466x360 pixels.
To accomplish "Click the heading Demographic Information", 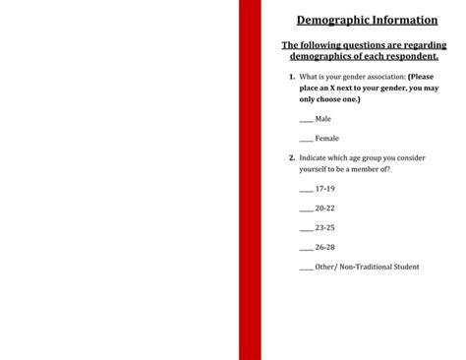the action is [367, 20].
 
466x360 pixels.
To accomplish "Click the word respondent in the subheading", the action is [406, 56].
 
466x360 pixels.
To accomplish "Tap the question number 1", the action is [292, 77].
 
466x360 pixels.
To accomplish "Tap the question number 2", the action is [292, 157].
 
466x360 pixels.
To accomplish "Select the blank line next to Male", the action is [306, 120].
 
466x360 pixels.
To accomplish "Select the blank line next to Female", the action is [306, 140].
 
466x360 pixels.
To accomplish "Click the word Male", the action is [323, 119].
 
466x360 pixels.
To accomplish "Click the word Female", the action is [327, 139].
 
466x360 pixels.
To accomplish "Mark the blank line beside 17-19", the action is [306, 189].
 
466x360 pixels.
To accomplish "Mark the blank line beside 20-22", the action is [306, 209].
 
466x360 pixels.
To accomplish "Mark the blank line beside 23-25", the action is [306, 228].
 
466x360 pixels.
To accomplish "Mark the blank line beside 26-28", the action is [306, 248].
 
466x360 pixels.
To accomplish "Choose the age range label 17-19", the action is [325, 188].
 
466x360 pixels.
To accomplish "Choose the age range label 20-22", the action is [325, 208].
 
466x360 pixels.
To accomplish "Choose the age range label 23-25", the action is [325, 227].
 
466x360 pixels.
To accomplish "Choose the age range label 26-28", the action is [325, 247].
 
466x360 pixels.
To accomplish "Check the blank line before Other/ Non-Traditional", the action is [306, 268].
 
